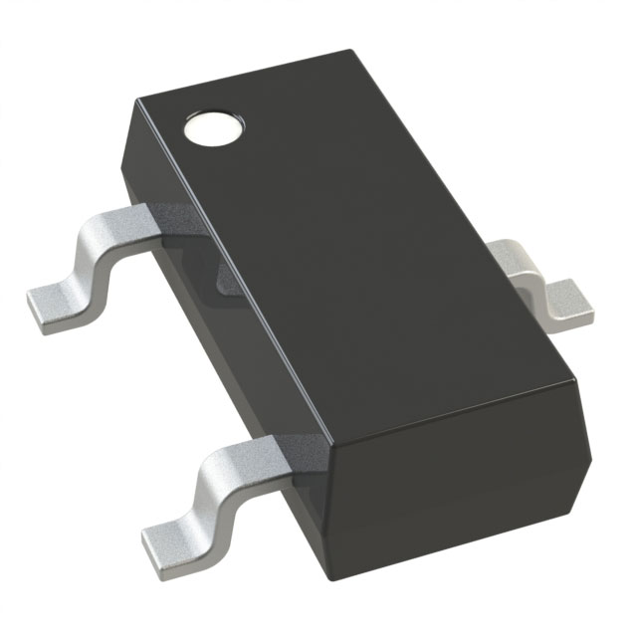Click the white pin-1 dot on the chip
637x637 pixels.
(213, 128)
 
